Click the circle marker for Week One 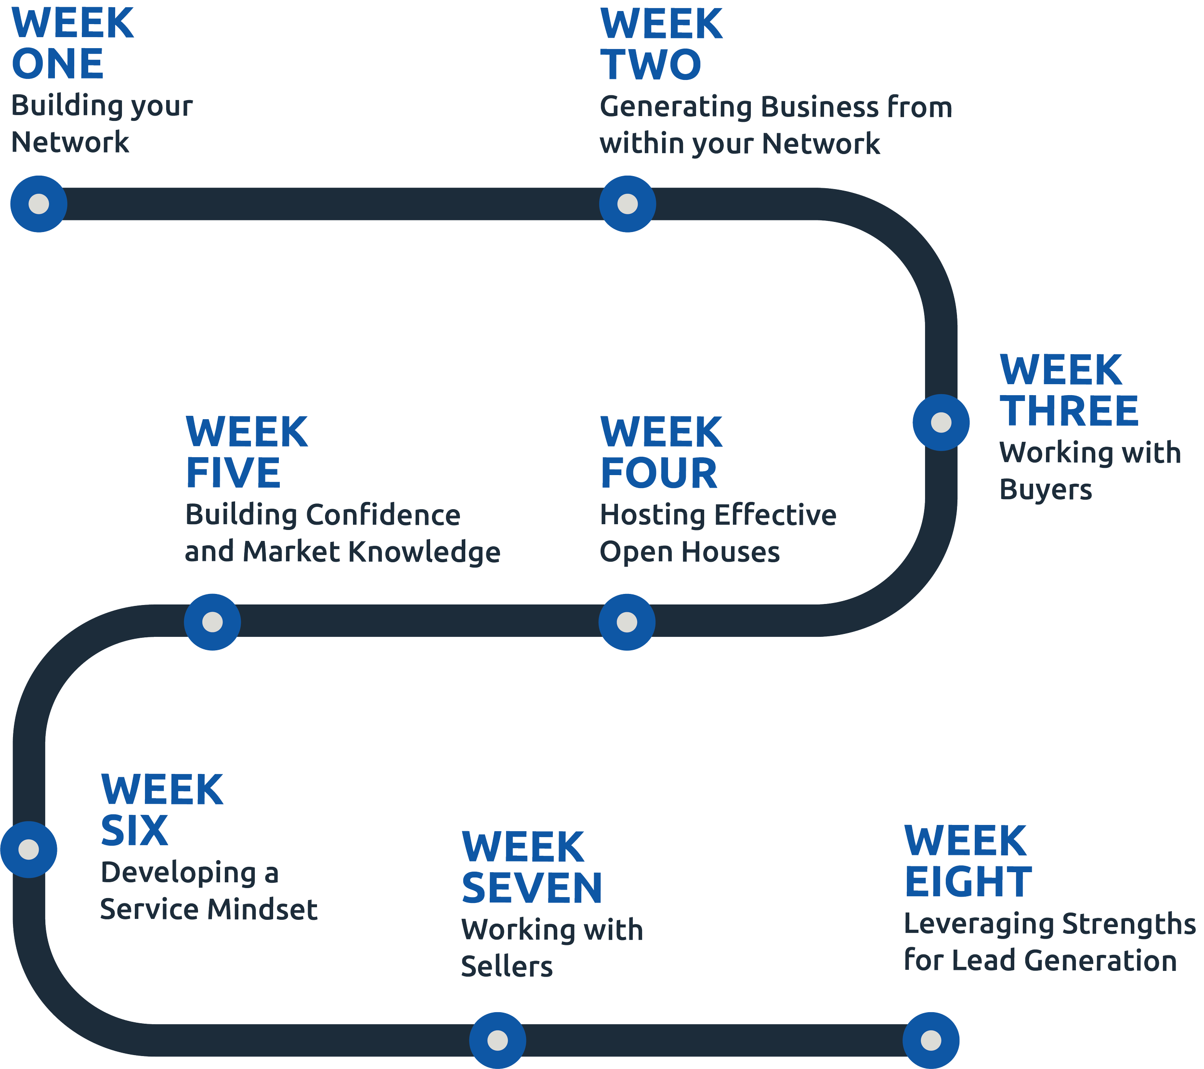tap(39, 204)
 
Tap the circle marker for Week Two tap(628, 204)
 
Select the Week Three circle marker tap(941, 423)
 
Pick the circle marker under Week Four tap(627, 622)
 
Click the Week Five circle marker tap(213, 622)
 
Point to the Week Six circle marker tap(29, 850)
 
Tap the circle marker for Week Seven tap(498, 1040)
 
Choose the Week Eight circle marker tap(930, 1040)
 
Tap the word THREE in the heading tap(1069, 411)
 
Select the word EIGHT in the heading tap(968, 882)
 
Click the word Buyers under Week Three tap(1046, 490)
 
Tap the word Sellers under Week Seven tap(507, 967)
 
